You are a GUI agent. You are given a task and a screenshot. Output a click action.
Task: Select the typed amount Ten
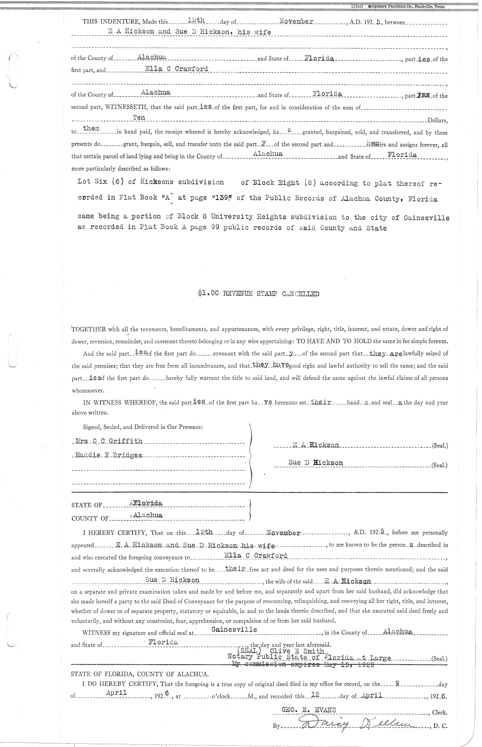[139, 117]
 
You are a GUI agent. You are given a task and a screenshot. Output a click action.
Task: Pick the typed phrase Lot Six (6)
[100, 182]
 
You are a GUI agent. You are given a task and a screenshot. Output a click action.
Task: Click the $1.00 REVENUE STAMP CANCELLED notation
[258, 294]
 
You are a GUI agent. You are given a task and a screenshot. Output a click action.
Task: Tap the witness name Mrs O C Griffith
[109, 441]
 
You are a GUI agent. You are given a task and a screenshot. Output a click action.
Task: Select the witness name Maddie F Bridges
[108, 455]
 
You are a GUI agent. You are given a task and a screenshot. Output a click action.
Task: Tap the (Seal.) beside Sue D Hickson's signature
[439, 466]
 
